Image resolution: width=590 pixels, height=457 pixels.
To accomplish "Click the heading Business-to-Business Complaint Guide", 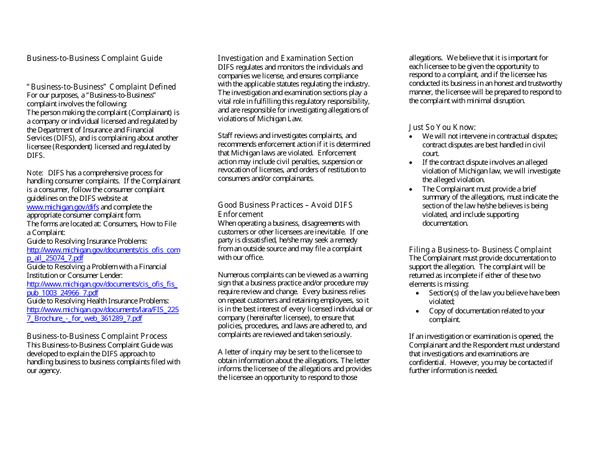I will tap(94, 58).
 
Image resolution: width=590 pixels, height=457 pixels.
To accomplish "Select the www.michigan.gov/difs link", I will tap(63, 207).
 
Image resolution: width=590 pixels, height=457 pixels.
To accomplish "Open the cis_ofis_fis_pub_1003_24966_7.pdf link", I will tap(102, 284).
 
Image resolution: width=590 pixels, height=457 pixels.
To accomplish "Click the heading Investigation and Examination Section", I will tap(285, 58).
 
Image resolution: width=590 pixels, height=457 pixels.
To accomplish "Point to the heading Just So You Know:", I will tap(442, 127).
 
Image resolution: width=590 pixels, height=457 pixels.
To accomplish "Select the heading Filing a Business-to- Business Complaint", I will tap(479, 250).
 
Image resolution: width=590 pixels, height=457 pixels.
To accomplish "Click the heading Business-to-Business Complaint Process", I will tap(97, 336).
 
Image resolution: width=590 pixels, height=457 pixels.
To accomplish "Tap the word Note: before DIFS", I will tap(34, 173).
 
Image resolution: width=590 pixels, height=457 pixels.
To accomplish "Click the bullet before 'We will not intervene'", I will tap(412, 136).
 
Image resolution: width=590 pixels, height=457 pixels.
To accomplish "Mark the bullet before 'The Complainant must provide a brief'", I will tap(412, 189).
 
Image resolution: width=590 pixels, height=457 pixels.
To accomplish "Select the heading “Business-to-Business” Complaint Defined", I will tap(101, 87).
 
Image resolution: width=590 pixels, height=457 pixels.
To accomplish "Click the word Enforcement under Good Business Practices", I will tap(241, 215).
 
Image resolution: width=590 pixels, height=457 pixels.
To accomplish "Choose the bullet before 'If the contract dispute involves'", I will tap(412, 162).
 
